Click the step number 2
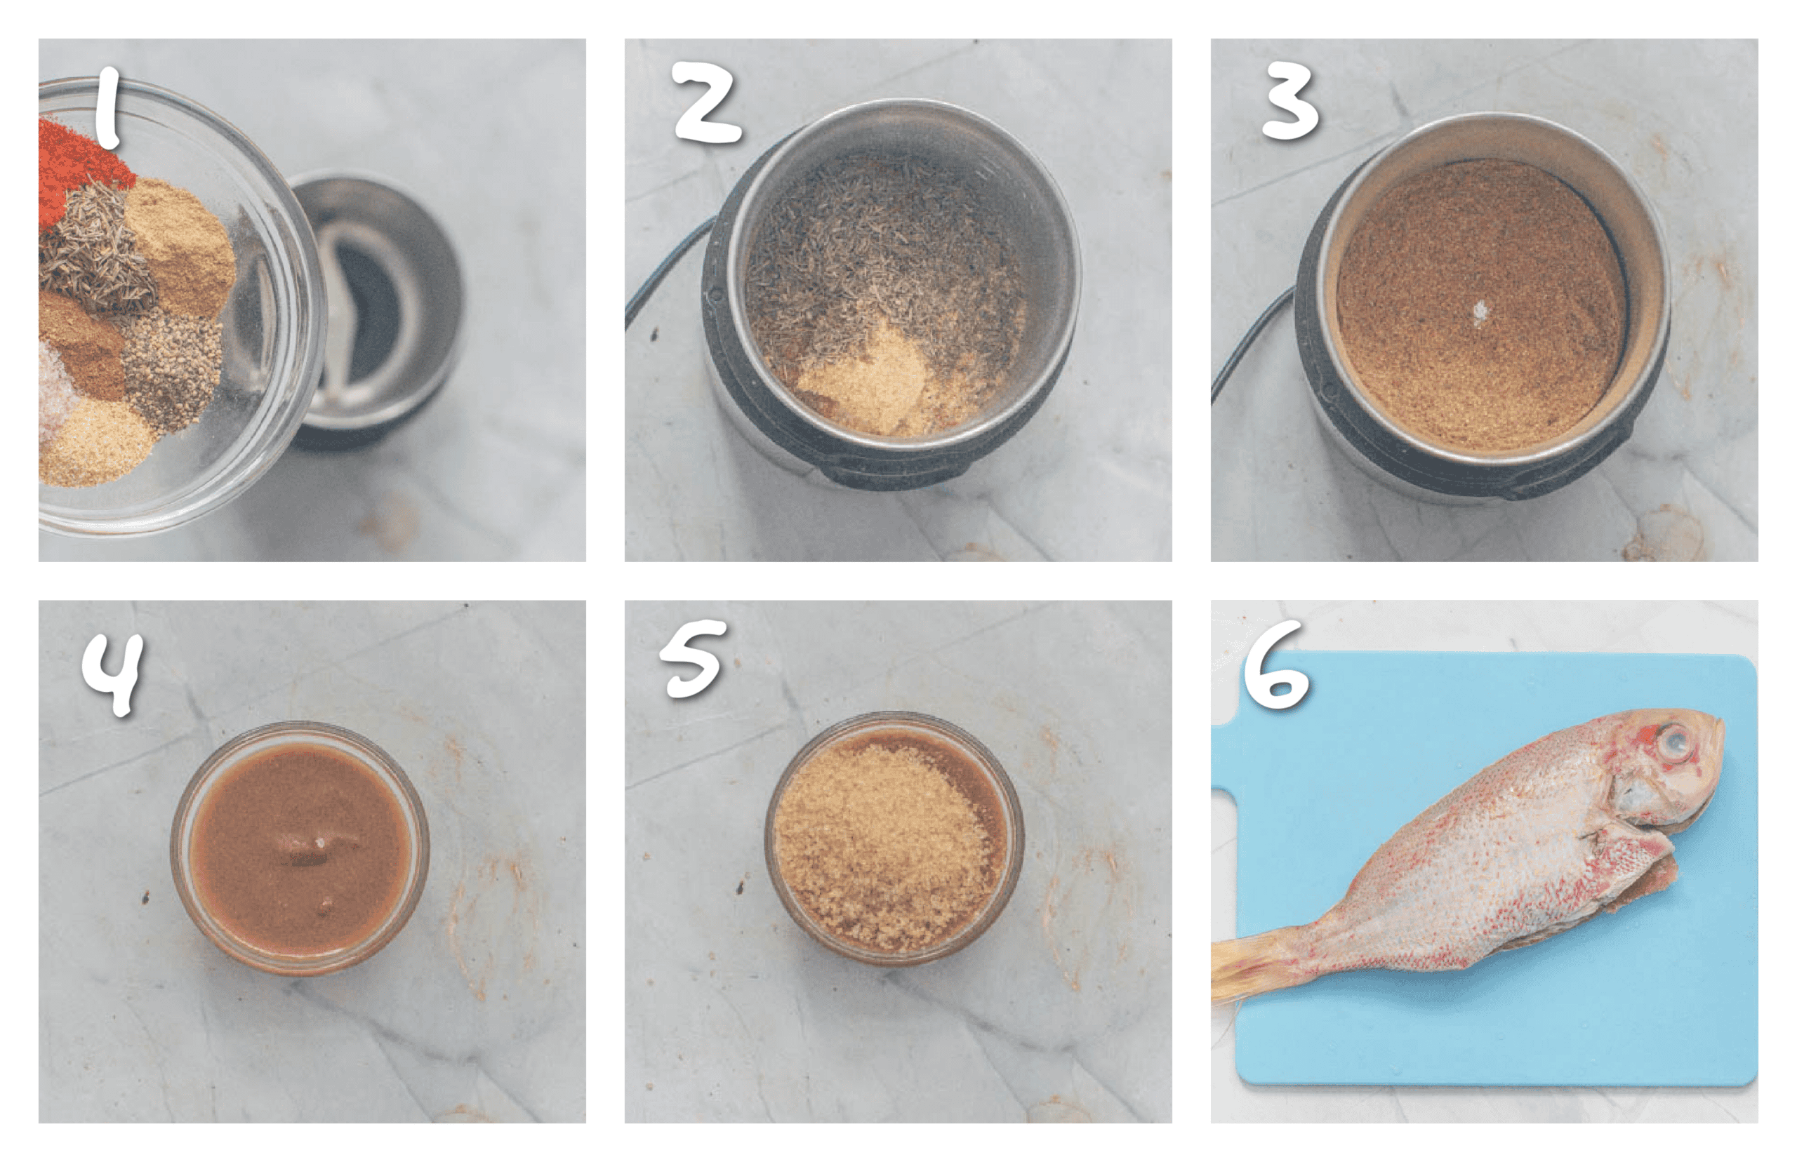pyautogui.click(x=705, y=104)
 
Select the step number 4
pyautogui.click(x=113, y=672)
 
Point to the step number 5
pyautogui.click(x=694, y=660)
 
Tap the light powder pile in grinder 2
pyautogui.click(x=864, y=378)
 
